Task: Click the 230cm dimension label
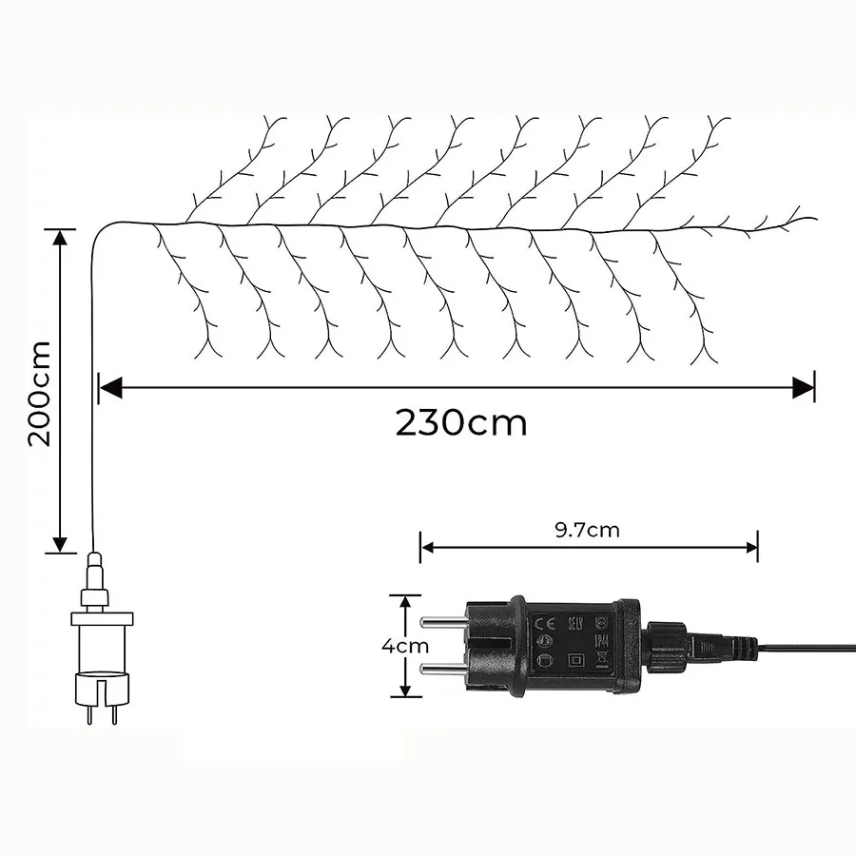tap(461, 421)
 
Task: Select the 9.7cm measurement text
tap(588, 530)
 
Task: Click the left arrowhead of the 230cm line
tap(109, 386)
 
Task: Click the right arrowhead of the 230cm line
tap(806, 386)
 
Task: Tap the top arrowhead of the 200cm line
tap(61, 236)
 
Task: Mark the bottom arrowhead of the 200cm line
tap(61, 544)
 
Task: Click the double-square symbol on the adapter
tap(574, 659)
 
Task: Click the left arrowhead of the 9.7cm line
tap(426, 547)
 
